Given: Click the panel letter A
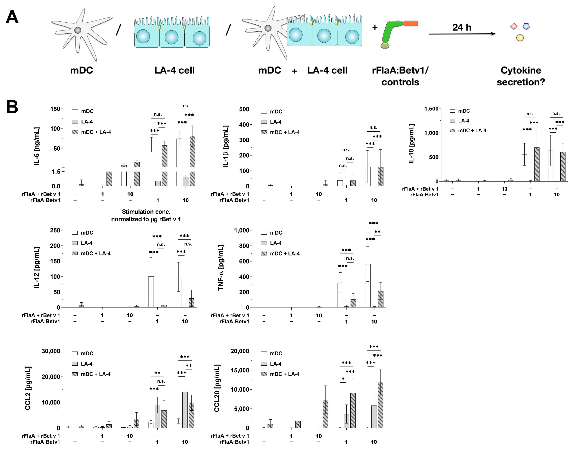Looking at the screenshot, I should (x=12, y=18).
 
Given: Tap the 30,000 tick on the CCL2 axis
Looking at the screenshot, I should (x=51, y=351).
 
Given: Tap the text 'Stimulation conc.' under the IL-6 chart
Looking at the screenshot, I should (x=146, y=212).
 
